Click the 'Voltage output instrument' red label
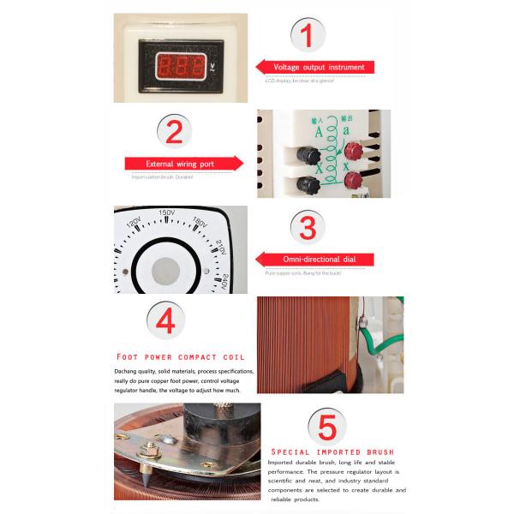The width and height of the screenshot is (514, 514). [x=317, y=67]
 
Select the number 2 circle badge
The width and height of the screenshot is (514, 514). [x=174, y=131]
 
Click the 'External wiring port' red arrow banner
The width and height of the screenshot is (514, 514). [x=182, y=163]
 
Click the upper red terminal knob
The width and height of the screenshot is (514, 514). [x=352, y=151]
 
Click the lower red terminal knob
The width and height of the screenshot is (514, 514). [x=352, y=181]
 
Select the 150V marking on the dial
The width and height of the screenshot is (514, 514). [x=166, y=213]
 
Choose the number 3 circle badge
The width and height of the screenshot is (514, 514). [x=308, y=228]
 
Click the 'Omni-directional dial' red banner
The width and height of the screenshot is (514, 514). [x=317, y=260]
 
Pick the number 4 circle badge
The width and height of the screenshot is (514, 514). [x=165, y=320]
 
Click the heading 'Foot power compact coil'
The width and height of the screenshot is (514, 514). [x=181, y=356]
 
